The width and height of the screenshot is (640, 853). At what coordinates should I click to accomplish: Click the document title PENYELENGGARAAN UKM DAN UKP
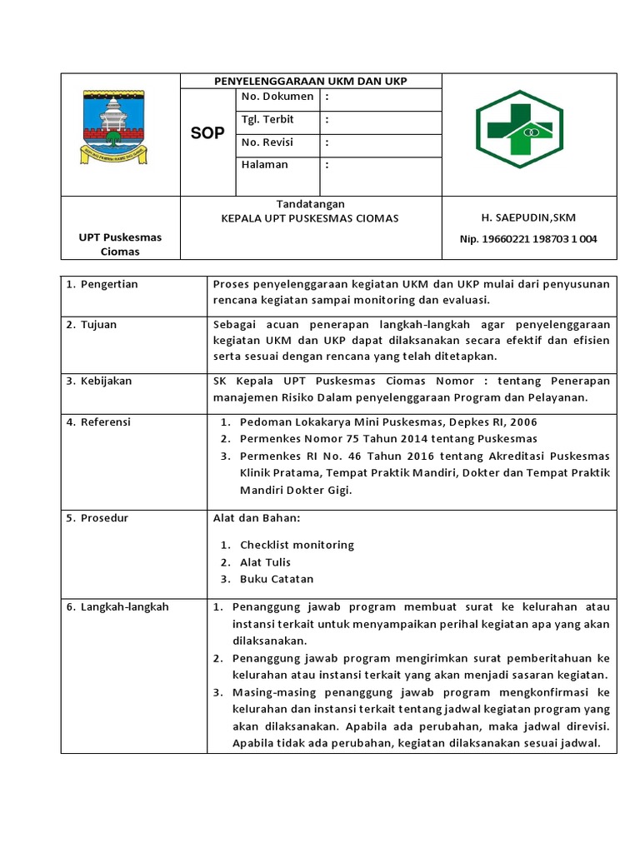(311, 81)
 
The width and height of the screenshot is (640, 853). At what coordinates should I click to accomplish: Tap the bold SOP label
(207, 133)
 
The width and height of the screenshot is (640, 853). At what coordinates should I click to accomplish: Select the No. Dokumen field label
(277, 97)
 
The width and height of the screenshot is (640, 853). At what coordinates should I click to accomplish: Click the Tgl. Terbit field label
(267, 119)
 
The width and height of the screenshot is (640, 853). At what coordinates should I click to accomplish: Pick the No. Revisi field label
(267, 142)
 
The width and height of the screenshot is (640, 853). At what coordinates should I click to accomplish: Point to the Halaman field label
(265, 165)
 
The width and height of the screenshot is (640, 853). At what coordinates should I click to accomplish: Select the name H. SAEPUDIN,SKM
(528, 218)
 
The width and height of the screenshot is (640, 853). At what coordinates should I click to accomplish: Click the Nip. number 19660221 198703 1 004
(528, 240)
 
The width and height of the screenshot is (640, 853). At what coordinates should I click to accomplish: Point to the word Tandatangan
(310, 204)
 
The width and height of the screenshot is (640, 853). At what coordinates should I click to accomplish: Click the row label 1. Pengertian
(102, 285)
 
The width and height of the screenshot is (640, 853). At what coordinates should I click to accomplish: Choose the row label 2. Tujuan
(94, 325)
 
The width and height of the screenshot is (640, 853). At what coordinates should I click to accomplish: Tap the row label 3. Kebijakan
(100, 382)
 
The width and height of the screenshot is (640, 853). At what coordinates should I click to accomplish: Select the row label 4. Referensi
(100, 422)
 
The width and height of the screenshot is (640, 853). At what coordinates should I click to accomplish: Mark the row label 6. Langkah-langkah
(117, 607)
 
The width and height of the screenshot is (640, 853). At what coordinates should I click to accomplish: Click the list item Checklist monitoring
(297, 545)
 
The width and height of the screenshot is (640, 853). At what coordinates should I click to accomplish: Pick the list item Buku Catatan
(277, 580)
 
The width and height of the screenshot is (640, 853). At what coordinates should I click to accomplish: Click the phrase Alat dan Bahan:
(257, 519)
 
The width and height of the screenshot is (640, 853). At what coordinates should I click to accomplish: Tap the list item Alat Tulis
(267, 562)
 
